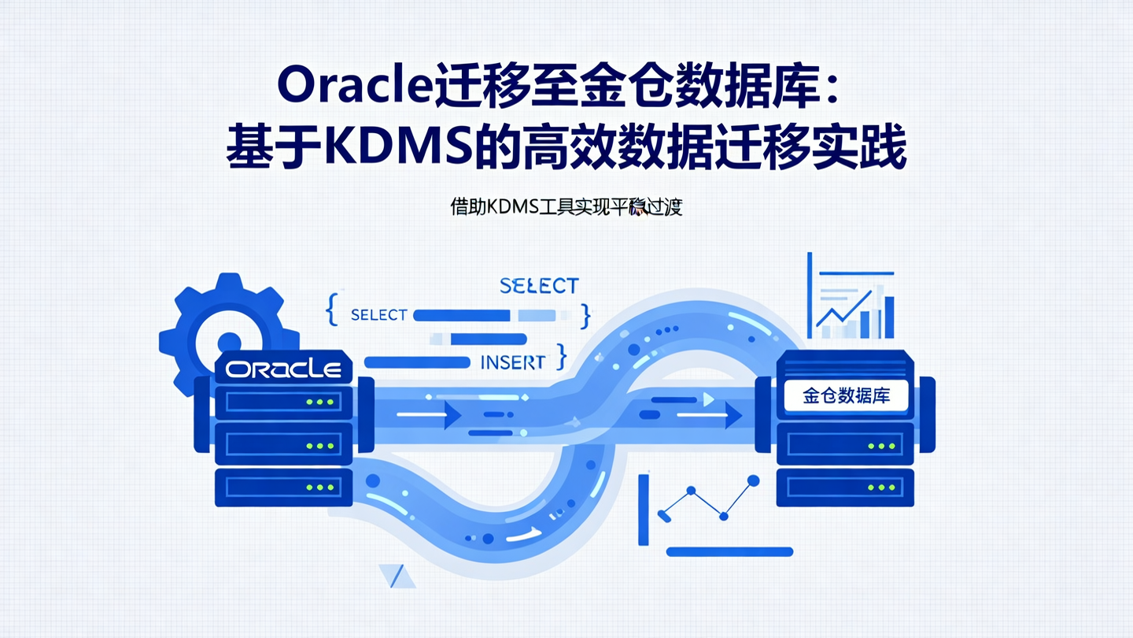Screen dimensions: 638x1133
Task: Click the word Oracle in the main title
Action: (350, 87)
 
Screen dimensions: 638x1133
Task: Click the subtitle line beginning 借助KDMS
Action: (566, 207)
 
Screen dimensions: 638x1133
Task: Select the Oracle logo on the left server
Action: (283, 369)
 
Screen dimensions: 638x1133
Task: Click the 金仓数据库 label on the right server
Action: (846, 395)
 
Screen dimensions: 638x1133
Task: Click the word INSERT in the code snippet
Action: (512, 363)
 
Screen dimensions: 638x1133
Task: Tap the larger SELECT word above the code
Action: (539, 285)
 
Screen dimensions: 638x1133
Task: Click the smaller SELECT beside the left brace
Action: (379, 315)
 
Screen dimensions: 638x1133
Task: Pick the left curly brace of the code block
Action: (331, 310)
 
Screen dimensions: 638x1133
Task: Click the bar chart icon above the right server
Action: (854, 303)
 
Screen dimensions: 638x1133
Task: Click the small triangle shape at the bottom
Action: (397, 576)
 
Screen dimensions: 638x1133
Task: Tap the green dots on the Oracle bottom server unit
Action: (319, 488)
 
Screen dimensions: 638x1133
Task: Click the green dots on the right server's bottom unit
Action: (880, 488)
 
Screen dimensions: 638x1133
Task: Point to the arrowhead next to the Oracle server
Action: (452, 414)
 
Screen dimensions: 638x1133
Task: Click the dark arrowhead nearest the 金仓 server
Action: (733, 414)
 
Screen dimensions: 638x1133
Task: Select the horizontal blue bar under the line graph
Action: (729, 552)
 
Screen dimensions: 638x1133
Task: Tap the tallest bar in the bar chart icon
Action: (889, 317)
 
